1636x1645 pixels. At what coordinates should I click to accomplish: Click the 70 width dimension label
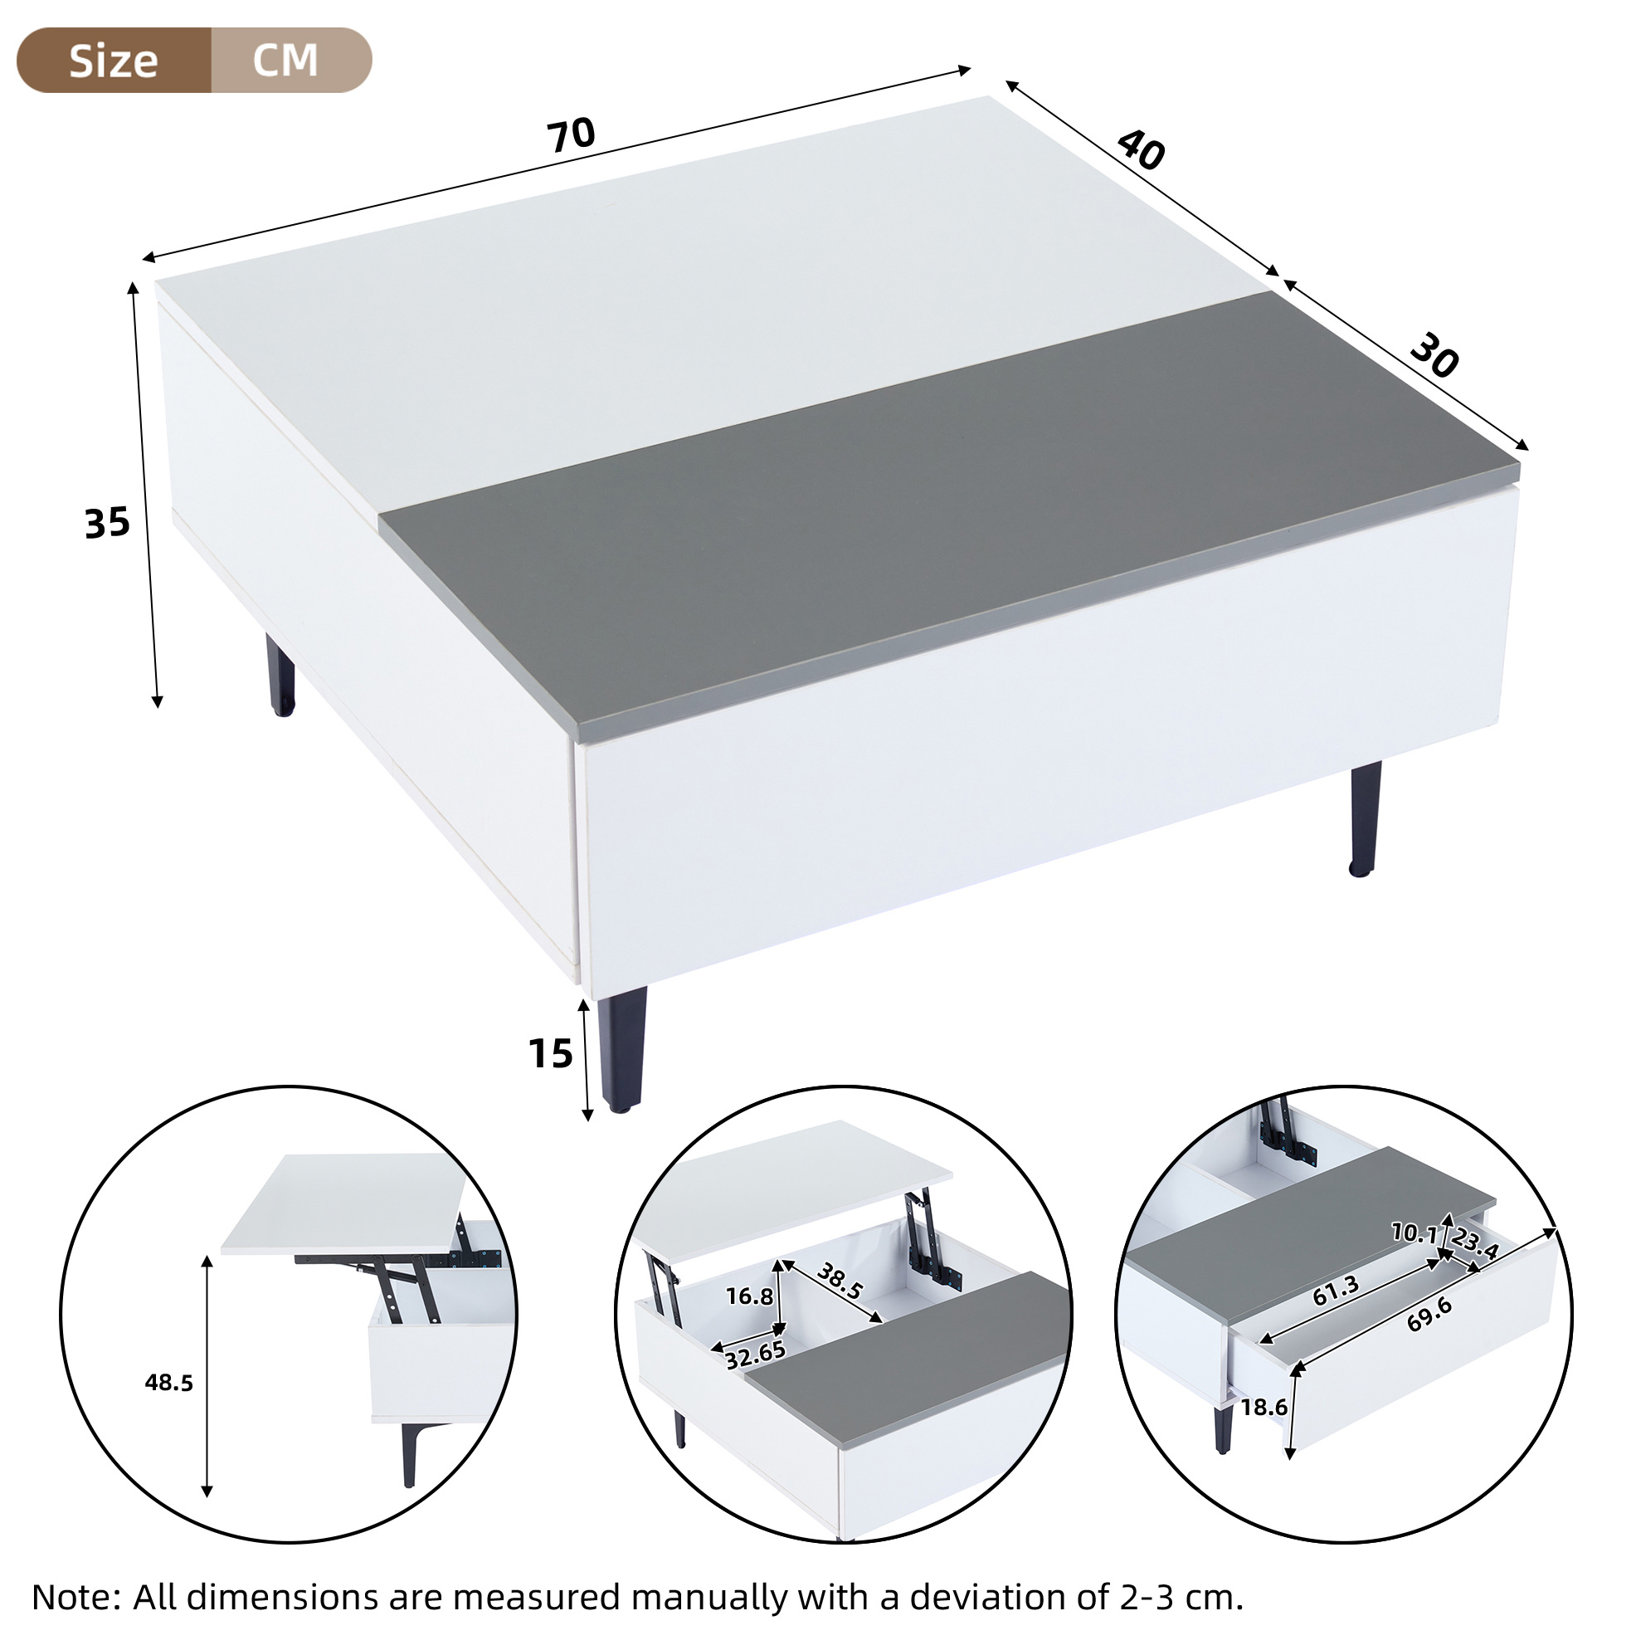click(571, 135)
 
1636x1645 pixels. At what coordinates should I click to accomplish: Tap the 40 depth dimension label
click(1141, 150)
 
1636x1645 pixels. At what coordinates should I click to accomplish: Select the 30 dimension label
click(1434, 356)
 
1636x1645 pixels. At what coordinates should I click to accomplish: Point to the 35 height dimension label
click(107, 523)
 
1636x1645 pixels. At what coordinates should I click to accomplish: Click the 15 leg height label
click(551, 1054)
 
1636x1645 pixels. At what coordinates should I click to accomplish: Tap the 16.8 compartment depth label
click(749, 1296)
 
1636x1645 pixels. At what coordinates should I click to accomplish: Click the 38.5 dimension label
click(840, 1281)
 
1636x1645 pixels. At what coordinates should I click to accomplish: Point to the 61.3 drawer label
click(1336, 1290)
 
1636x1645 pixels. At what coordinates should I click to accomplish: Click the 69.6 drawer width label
click(1429, 1314)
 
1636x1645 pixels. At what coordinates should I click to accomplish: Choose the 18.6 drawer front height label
click(1264, 1408)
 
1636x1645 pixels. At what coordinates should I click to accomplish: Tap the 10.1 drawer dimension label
click(1414, 1232)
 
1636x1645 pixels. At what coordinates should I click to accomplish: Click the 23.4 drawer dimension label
click(1475, 1244)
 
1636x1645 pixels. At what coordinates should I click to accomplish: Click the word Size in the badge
click(113, 61)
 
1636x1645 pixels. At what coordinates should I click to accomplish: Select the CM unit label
click(285, 60)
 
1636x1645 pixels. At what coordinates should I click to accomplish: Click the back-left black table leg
click(280, 674)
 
